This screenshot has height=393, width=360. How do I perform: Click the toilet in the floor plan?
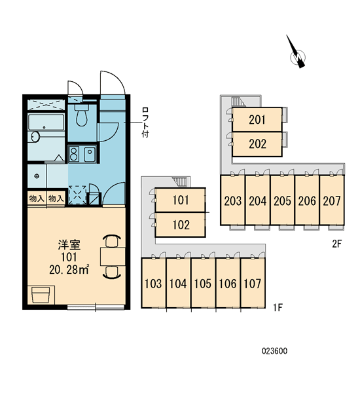point(82,115)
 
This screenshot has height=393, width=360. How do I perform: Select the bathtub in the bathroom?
point(46,122)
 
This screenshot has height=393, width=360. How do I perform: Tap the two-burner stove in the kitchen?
point(74,154)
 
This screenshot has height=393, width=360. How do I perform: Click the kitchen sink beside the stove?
point(90,154)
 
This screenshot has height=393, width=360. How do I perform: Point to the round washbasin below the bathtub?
point(35,137)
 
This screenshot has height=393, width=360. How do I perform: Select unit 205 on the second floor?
point(282,200)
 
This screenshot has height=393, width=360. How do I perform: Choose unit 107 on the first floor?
point(253,283)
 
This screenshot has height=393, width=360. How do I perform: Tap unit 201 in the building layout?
point(257,120)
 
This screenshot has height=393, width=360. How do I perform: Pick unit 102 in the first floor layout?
point(181,225)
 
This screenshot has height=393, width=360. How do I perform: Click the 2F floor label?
point(336,244)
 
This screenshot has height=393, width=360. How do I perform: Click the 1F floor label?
point(278,307)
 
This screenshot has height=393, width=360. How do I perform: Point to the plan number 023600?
point(274,351)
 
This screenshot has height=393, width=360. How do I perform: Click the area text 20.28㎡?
point(69,269)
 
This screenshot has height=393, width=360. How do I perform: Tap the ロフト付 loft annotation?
point(145,122)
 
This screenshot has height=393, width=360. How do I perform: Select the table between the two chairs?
point(113,256)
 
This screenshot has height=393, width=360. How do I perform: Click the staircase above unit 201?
point(236,102)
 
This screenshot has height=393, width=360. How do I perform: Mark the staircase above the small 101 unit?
point(179,181)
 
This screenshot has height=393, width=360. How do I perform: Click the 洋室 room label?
point(69,245)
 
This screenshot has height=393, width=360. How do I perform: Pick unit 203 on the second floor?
point(233,200)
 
